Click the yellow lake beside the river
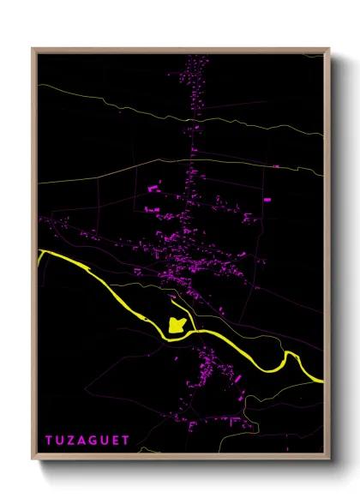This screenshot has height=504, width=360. click(x=177, y=325)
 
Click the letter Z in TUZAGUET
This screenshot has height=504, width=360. click(x=74, y=441)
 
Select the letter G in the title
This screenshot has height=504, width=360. click(x=99, y=441)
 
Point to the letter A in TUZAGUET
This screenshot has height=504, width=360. click(x=86, y=441)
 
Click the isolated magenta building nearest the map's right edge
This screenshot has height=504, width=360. click(x=267, y=200)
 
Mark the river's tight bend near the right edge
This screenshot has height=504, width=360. click(x=286, y=359)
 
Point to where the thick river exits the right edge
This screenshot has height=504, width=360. click(x=322, y=380)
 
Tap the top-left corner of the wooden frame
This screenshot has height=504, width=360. click(x=33, y=49)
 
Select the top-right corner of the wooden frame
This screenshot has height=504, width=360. click(x=329, y=49)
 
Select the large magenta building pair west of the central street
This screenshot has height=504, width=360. click(x=155, y=186)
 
